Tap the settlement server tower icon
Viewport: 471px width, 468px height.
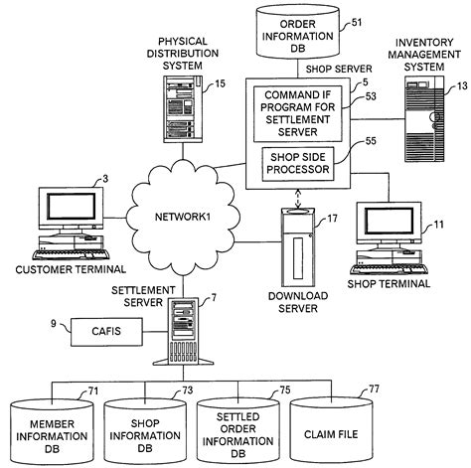coord(185,328)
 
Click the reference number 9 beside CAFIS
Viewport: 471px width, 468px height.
coord(37,322)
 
